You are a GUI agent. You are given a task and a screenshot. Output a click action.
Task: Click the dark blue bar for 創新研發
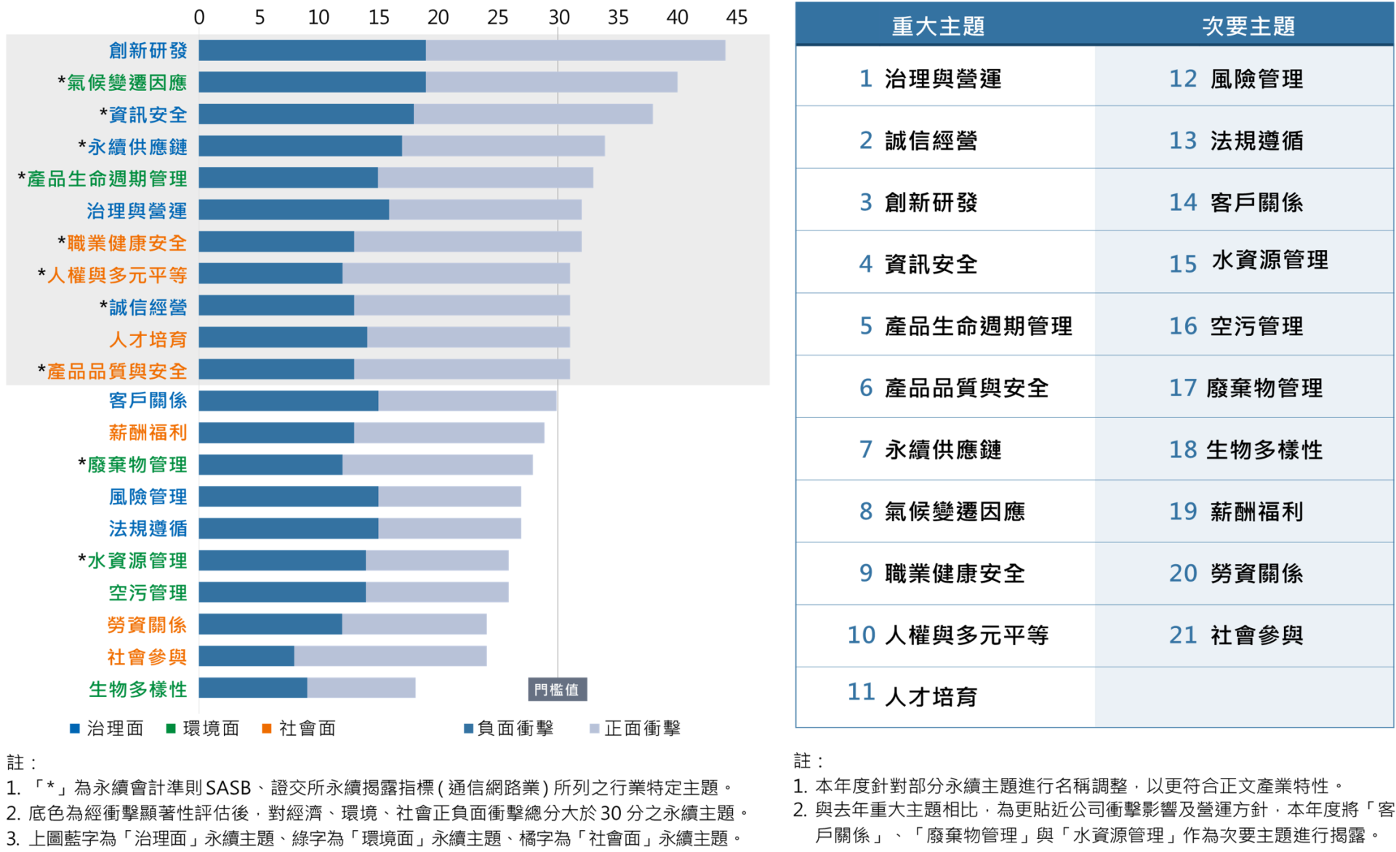tap(312, 50)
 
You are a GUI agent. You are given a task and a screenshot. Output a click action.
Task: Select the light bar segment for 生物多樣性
tap(361, 688)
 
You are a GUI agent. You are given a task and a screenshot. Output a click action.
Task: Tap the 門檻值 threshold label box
tap(557, 689)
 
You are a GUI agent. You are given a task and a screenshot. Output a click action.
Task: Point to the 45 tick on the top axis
tap(737, 17)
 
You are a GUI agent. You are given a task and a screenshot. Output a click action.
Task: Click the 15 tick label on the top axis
tap(378, 17)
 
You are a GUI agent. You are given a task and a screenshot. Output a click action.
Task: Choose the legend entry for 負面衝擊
tap(509, 728)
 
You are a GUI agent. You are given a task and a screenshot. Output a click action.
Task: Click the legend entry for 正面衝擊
tap(635, 728)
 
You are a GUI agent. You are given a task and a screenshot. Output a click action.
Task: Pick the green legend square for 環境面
tap(171, 728)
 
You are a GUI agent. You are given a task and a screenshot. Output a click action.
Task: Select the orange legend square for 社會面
tap(267, 728)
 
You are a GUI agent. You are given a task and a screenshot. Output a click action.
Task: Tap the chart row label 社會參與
tap(147, 657)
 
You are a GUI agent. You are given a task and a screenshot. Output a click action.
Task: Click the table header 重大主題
tap(938, 27)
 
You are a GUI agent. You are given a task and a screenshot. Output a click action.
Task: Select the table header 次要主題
tap(1248, 27)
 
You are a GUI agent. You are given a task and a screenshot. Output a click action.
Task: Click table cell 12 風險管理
tap(1236, 79)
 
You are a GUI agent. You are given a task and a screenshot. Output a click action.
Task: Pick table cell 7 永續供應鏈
tap(931, 449)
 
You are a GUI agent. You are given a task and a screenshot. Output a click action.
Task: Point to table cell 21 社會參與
tap(1236, 635)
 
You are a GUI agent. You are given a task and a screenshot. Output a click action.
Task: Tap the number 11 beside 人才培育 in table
tap(861, 692)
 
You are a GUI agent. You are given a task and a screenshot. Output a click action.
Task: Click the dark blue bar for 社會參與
tap(246, 656)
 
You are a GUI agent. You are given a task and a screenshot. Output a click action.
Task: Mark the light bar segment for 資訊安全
tap(533, 114)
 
